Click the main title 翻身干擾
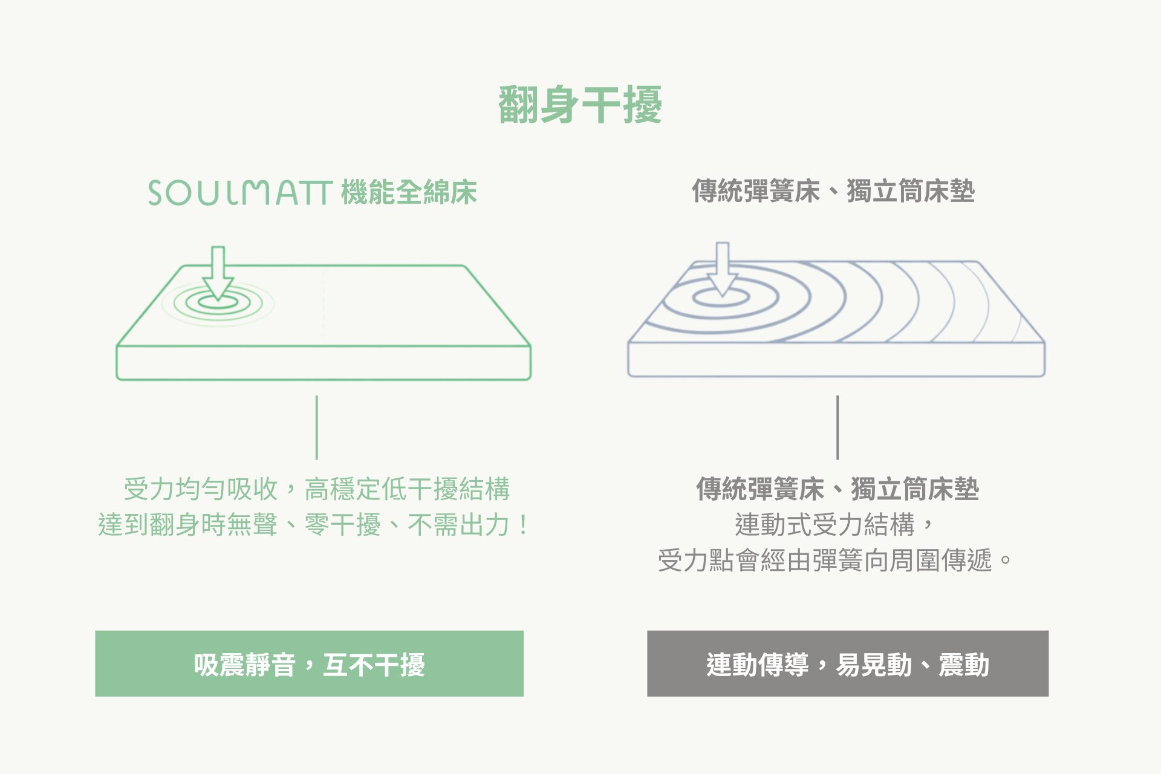580,105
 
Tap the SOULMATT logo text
241,193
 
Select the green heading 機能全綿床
409,192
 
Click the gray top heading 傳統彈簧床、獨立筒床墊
833,191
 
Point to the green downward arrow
218,273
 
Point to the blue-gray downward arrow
722,270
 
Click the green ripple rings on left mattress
218,303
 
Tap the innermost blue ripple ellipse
721,297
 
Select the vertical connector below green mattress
316,428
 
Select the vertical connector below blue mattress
837,428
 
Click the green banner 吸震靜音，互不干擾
309,663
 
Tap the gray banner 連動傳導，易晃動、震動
848,663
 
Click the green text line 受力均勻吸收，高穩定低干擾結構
317,489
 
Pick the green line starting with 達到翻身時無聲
314,524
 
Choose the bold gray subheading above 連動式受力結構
837,489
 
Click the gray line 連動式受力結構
835,524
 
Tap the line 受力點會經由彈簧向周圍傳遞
835,560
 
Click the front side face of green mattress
324,363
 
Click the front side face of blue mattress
836,360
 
